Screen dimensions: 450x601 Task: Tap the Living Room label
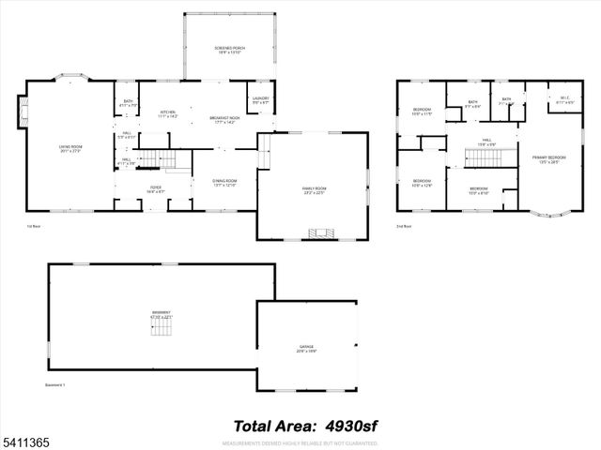tap(66, 148)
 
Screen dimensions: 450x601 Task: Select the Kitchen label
tap(169, 114)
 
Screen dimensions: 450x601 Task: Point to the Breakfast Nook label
tap(224, 120)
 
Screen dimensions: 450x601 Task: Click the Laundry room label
tap(260, 100)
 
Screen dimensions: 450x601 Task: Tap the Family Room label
tap(313, 190)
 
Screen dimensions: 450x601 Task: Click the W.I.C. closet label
tap(564, 100)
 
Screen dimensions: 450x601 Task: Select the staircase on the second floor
tap(482, 159)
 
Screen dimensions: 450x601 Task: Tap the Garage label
tap(306, 349)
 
